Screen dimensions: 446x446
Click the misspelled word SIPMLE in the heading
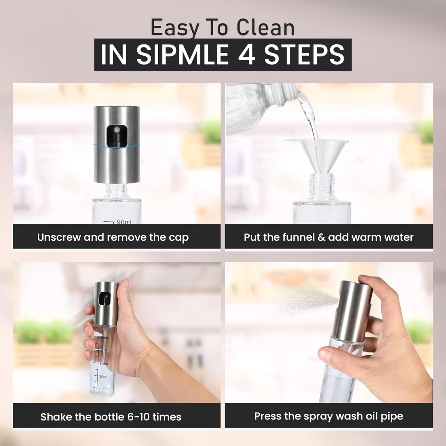pyautogui.click(x=182, y=55)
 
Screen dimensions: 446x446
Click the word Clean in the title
pyautogui.click(x=265, y=28)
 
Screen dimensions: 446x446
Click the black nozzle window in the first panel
pyautogui.click(x=116, y=135)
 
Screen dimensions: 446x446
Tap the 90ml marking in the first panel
pyautogui.click(x=123, y=222)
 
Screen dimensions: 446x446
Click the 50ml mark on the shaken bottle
pyautogui.click(x=103, y=364)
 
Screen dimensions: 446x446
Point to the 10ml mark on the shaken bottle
pyautogui.click(x=102, y=389)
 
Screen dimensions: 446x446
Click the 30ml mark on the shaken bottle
pyautogui.click(x=103, y=377)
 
